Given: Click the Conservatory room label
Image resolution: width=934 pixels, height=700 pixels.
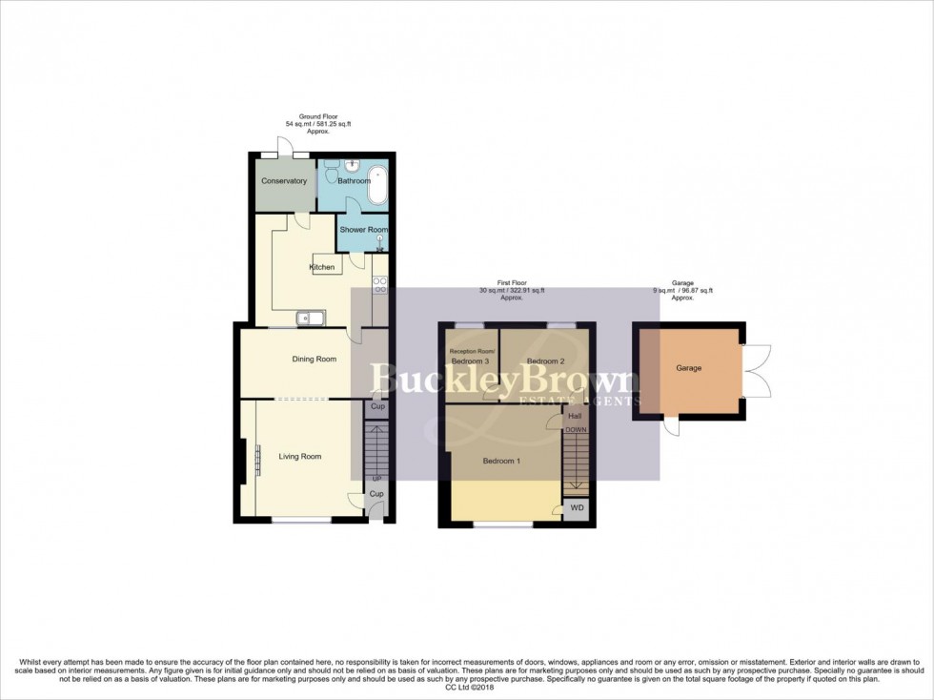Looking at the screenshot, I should pos(285,181).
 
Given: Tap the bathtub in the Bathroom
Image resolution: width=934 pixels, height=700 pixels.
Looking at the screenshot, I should pos(377,185).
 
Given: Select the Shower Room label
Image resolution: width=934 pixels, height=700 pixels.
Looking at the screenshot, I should pos(362,230).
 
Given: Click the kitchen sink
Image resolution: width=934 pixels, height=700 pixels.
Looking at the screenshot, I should pos(312,318).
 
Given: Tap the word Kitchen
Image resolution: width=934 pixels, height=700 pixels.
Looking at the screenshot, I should pos(322,267).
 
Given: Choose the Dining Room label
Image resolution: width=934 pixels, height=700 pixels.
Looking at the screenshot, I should pos(314,360).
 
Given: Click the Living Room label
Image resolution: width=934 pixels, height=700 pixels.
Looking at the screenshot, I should pos(299,457).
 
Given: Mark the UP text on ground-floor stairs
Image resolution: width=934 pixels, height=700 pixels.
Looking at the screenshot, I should pos(376,477).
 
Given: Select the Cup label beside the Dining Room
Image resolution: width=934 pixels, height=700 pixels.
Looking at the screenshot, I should pos(376,408).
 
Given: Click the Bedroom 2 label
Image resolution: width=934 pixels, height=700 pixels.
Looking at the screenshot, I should pos(545,361).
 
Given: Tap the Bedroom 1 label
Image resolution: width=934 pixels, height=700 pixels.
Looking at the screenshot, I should pos(501,462).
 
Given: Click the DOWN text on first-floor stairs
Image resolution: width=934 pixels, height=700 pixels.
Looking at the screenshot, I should pos(576,430).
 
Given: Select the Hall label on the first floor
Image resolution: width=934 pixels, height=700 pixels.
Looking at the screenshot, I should pos(575,417).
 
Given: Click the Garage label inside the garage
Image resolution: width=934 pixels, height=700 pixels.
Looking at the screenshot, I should pos(689,367).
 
